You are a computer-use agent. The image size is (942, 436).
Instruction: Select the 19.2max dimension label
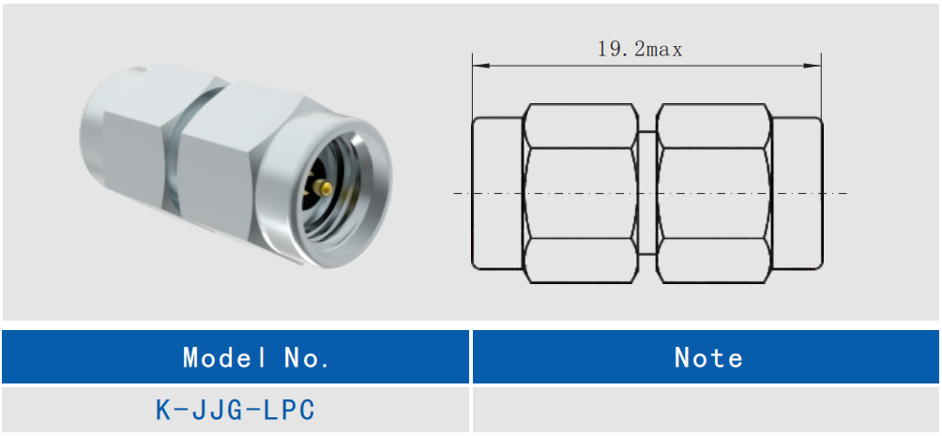pos(640,50)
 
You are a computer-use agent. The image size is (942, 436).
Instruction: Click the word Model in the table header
pos(217,357)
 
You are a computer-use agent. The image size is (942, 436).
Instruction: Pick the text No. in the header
pos(307,357)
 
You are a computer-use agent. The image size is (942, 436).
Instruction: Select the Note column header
pos(708,357)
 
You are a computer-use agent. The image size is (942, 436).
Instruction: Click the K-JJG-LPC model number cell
pos(235,410)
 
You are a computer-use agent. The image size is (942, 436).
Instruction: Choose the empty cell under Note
pos(706,410)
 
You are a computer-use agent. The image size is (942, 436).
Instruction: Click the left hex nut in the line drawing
pos(582,193)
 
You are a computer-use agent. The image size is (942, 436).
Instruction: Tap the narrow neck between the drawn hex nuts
pos(648,193)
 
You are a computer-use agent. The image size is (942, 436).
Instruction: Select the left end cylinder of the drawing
pos(496,193)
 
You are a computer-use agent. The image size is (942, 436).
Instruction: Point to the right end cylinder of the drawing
pos(798,193)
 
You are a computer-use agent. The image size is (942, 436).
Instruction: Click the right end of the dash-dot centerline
pos(844,193)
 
